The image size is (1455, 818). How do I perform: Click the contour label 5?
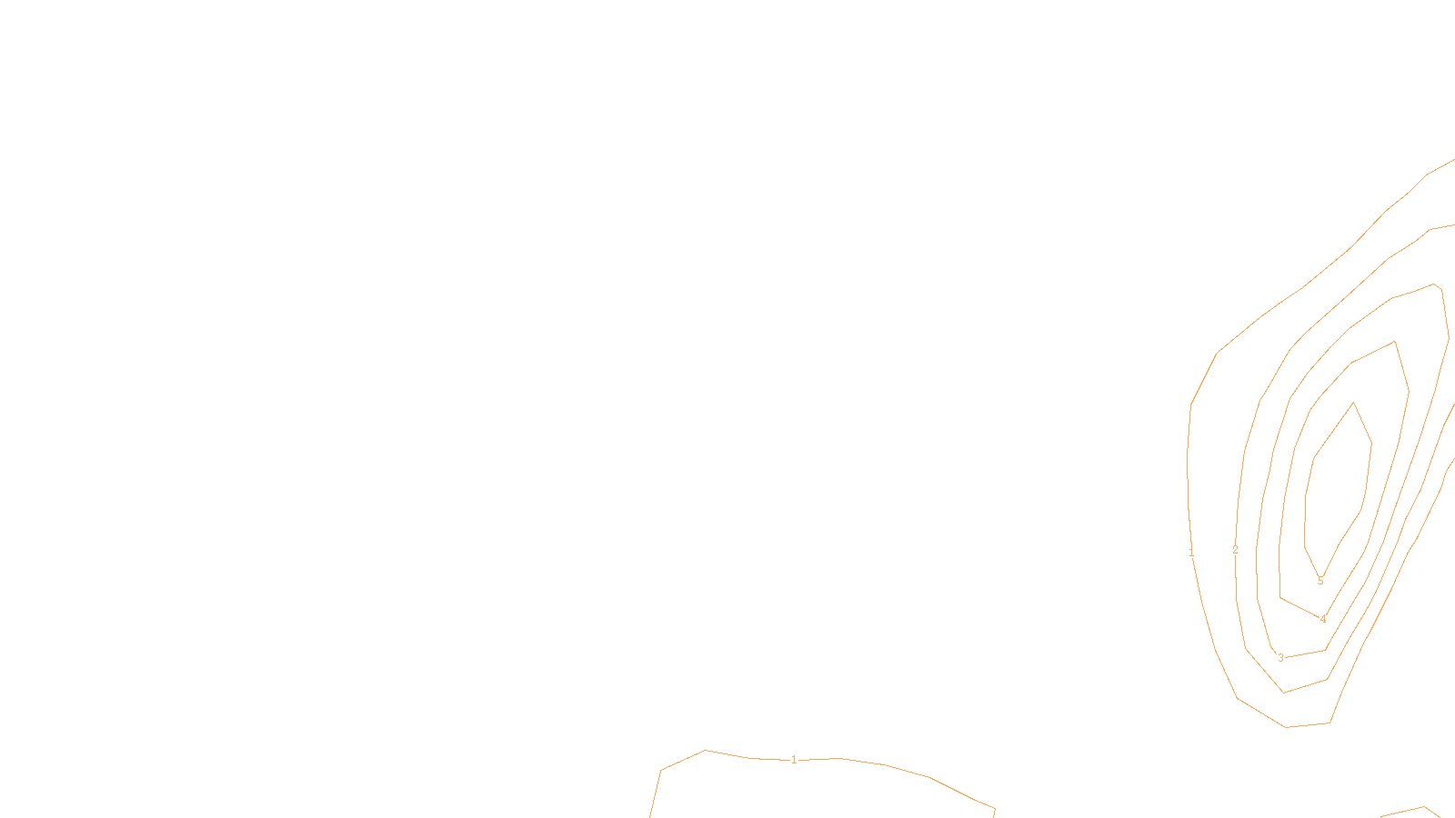click(x=1320, y=581)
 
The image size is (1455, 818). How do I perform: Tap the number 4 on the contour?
click(x=1323, y=619)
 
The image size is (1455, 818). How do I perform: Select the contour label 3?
click(x=1280, y=658)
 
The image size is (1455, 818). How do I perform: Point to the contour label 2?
click(x=1235, y=550)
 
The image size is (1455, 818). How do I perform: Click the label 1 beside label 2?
click(x=1191, y=552)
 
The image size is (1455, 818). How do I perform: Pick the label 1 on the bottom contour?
click(x=794, y=760)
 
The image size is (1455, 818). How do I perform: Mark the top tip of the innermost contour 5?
click(x=1354, y=403)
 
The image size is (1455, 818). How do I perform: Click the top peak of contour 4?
click(x=1395, y=342)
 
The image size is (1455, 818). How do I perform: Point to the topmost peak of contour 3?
click(x=1434, y=284)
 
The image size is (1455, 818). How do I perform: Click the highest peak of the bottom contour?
click(x=707, y=751)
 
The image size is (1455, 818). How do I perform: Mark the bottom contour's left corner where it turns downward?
click(x=661, y=771)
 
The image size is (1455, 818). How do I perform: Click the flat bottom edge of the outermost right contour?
click(x=1308, y=725)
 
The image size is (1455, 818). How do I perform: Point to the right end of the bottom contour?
click(x=994, y=808)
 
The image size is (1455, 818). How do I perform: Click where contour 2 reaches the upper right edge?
click(x=1452, y=224)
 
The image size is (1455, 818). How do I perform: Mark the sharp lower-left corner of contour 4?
click(x=1280, y=598)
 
